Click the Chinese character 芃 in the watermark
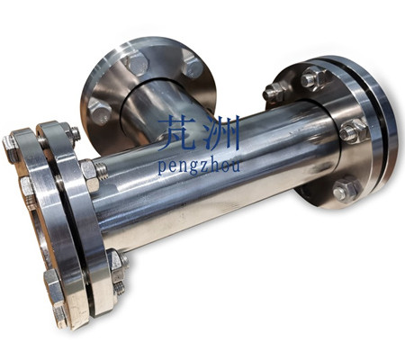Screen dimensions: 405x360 click(x=175, y=133)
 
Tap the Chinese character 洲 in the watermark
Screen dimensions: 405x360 click(x=221, y=133)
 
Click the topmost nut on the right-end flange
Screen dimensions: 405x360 click(x=314, y=77)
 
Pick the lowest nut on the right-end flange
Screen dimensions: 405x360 click(x=346, y=190)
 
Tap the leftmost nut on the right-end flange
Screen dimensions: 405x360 click(x=274, y=92)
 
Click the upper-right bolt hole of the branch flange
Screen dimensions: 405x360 click(x=192, y=66)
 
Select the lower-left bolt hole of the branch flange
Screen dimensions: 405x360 click(x=99, y=111)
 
